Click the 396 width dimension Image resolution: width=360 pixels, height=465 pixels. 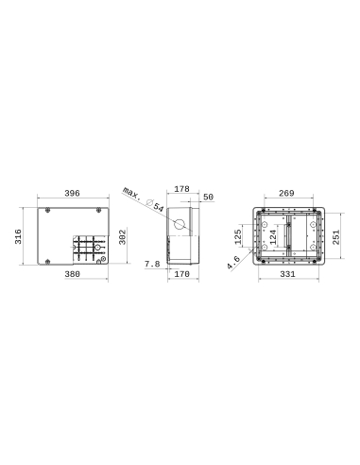[72, 193]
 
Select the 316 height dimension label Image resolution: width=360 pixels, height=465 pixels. [19, 236]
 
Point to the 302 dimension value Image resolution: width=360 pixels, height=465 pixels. [122, 234]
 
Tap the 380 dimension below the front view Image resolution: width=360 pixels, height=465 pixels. [72, 275]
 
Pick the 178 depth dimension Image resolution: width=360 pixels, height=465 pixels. [182, 189]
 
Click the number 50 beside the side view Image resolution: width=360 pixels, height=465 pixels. [209, 197]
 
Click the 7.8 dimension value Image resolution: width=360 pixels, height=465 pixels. [150, 264]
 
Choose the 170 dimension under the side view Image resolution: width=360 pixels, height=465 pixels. [181, 275]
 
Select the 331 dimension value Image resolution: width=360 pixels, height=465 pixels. [289, 275]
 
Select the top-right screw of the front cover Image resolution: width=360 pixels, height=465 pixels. [99, 210]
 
